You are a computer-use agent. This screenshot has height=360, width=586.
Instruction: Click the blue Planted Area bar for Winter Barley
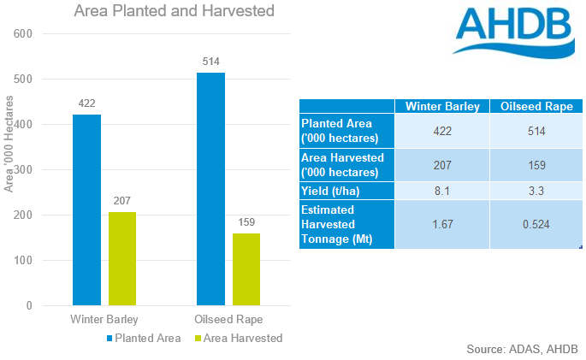click(86, 210)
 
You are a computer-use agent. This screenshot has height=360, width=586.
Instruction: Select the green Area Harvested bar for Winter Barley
click(123, 258)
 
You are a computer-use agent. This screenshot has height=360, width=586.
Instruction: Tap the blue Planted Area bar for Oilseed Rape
click(210, 189)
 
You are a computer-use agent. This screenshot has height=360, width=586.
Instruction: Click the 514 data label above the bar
click(210, 62)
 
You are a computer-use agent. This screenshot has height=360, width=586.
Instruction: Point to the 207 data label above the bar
click(123, 201)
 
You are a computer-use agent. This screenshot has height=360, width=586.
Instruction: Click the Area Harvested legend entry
click(240, 338)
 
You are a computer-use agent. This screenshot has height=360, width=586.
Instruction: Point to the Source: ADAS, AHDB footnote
click(522, 349)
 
